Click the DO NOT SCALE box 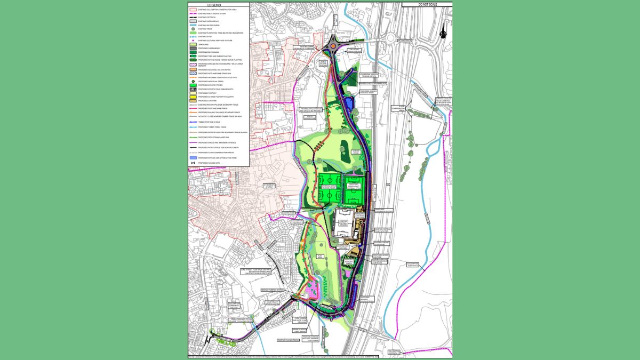pos(427,4)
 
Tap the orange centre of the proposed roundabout pos(333,46)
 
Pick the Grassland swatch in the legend pos(191,44)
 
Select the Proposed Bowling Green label pos(348,262)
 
